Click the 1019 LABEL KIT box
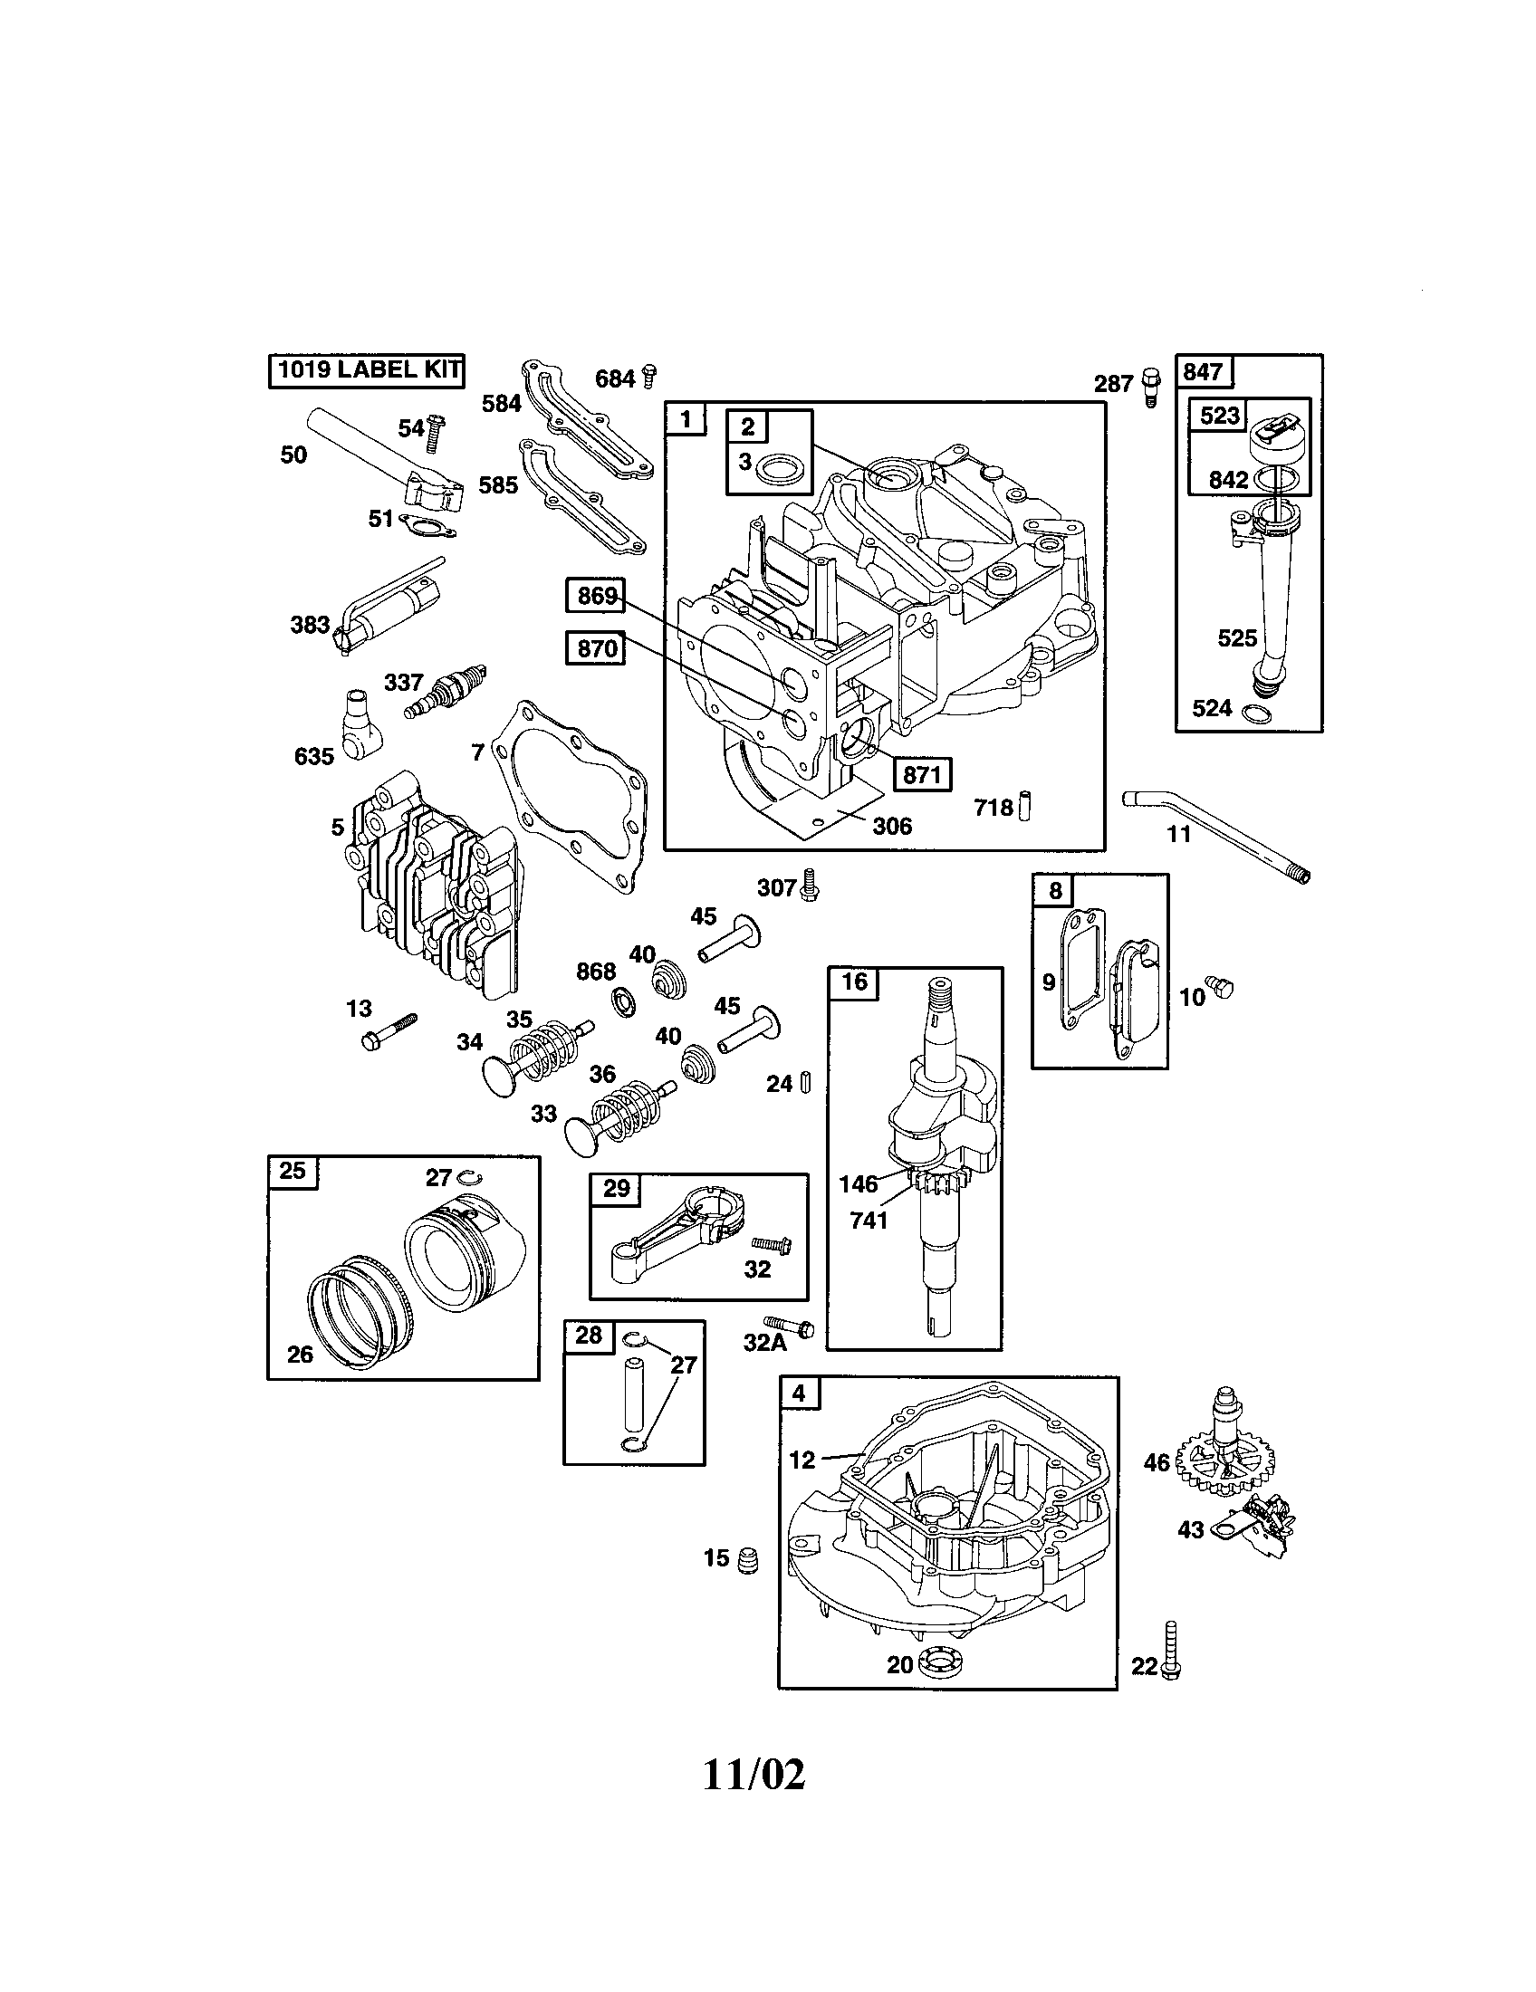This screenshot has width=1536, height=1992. pyautogui.click(x=367, y=370)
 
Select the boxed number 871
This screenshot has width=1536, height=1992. pyautogui.click(x=921, y=774)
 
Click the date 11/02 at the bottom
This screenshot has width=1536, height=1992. pyautogui.click(x=754, y=1774)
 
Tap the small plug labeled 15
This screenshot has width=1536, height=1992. pyautogui.click(x=748, y=1560)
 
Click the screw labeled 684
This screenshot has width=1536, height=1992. pyautogui.click(x=649, y=376)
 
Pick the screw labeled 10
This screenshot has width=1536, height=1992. pyautogui.click(x=1220, y=986)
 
